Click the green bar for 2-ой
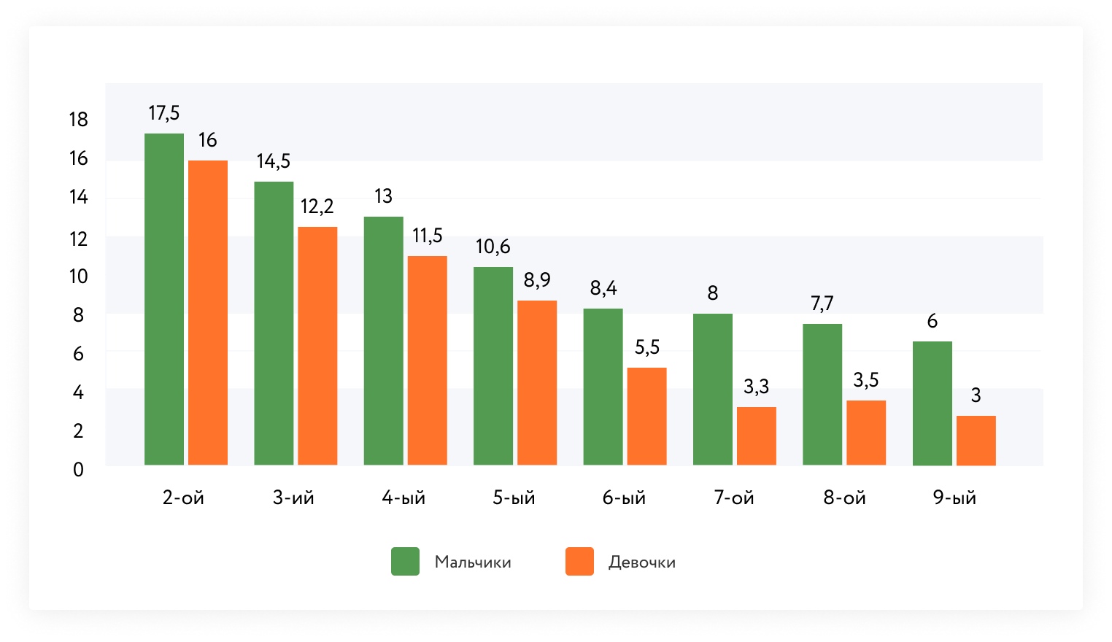[x=164, y=299]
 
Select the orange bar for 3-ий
[x=317, y=346]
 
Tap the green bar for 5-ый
[x=493, y=366]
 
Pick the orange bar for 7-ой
[x=757, y=436]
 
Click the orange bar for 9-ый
[x=976, y=440]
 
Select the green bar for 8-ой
[x=822, y=394]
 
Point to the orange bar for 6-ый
[x=646, y=416]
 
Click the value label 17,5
[x=164, y=113]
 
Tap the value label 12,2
[x=317, y=206]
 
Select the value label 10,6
[x=493, y=247]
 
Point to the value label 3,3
[x=757, y=387]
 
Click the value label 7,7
[x=822, y=303]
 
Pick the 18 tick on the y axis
[x=78, y=120]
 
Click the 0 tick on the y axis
[x=78, y=470]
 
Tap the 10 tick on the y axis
[x=78, y=276]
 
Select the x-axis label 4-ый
[x=404, y=498]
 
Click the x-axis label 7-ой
[x=734, y=498]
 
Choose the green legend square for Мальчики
[x=405, y=562]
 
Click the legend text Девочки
[x=642, y=562]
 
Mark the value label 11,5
[x=428, y=236]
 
